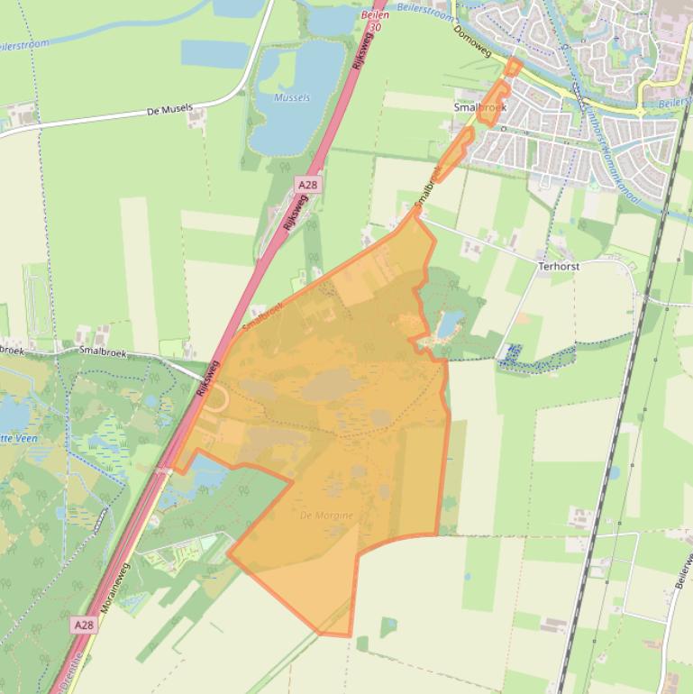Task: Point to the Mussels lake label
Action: click(x=291, y=97)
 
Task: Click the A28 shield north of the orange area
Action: click(x=308, y=184)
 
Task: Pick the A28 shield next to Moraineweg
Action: click(x=84, y=624)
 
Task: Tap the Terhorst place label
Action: click(x=559, y=267)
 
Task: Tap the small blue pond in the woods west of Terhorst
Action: click(x=449, y=320)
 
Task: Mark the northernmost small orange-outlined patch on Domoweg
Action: click(x=512, y=68)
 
